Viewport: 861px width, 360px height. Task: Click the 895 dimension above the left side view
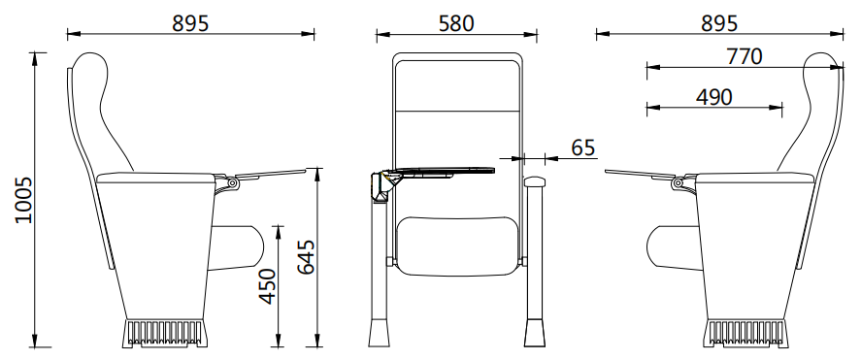point(190,22)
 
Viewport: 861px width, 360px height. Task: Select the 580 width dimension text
point(454,22)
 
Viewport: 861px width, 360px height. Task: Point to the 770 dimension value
point(743,56)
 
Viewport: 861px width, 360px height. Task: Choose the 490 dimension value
point(713,96)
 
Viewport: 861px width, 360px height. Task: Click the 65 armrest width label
point(582,147)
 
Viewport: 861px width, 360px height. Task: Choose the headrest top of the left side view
point(91,65)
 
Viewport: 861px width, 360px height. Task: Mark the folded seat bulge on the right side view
point(670,247)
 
